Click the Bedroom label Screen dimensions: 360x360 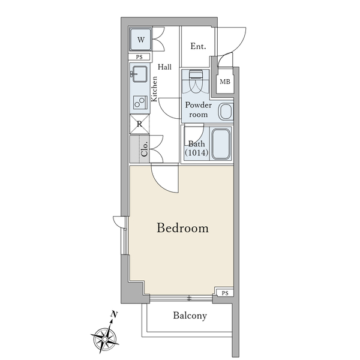click(x=182, y=228)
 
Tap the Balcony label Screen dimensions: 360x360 click(x=190, y=316)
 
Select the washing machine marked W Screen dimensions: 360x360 click(x=141, y=39)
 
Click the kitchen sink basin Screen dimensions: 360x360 click(x=140, y=74)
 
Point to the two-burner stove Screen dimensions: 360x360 click(x=140, y=103)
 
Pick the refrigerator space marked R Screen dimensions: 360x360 click(x=139, y=124)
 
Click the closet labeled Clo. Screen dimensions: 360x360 click(x=139, y=149)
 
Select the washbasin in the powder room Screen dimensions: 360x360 click(x=226, y=112)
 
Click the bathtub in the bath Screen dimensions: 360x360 click(x=221, y=144)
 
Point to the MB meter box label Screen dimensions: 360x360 click(x=225, y=82)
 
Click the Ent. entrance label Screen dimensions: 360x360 click(x=198, y=46)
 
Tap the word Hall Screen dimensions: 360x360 click(x=164, y=67)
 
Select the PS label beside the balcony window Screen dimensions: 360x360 click(x=225, y=293)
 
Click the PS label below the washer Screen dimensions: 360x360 click(x=139, y=57)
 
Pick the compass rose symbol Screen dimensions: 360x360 click(x=104, y=338)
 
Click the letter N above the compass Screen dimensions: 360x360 click(x=114, y=314)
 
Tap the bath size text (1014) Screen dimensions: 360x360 click(x=197, y=152)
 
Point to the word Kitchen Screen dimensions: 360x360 click(x=154, y=89)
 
